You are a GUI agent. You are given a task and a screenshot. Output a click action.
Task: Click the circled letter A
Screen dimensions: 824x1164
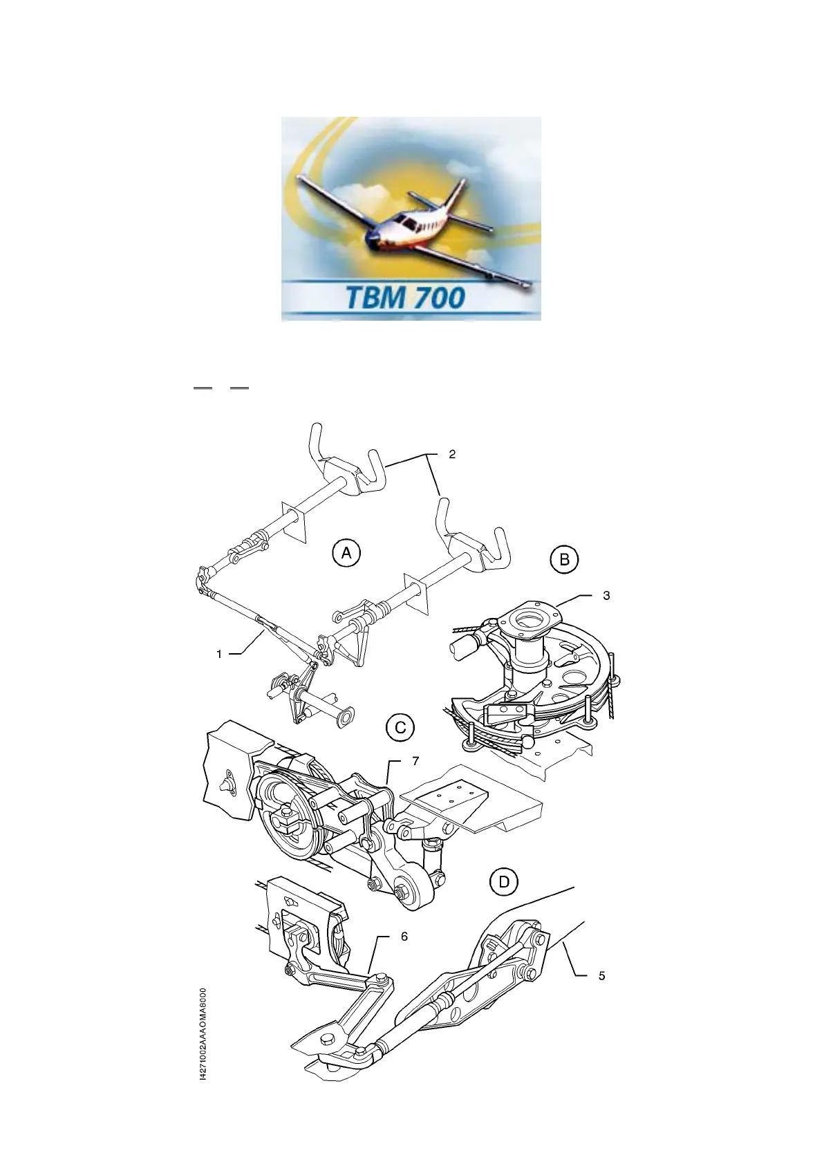tap(346, 553)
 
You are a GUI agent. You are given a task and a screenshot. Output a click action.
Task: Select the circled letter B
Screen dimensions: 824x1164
tap(565, 559)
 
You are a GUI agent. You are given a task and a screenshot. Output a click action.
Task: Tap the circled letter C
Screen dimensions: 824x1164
tap(400, 727)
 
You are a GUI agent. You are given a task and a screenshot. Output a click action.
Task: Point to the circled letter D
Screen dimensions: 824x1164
tap(505, 882)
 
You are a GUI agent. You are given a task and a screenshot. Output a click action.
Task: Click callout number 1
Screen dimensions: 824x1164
tap(219, 653)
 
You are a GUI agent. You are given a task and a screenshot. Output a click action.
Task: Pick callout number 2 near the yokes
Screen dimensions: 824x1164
tap(452, 454)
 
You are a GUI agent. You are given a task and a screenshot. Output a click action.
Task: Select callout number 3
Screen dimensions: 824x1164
tap(606, 595)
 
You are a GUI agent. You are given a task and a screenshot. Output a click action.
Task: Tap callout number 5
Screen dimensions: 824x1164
tap(601, 975)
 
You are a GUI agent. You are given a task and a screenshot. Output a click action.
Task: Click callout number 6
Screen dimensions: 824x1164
tap(404, 936)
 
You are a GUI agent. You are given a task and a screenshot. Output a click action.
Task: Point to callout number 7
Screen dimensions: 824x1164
tap(415, 761)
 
